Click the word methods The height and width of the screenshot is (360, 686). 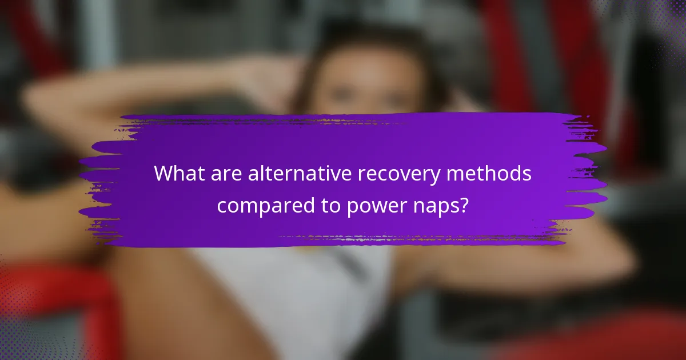pyautogui.click(x=496, y=174)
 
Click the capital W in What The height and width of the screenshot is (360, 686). pyautogui.click(x=163, y=174)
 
